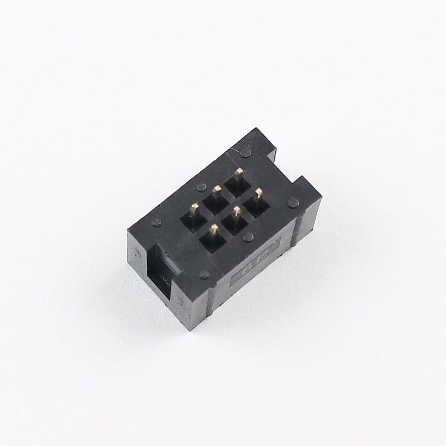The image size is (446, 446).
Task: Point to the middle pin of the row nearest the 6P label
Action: (236, 211)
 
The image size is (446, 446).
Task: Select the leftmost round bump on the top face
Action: (156, 222)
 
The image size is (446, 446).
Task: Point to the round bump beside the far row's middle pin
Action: (201, 187)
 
